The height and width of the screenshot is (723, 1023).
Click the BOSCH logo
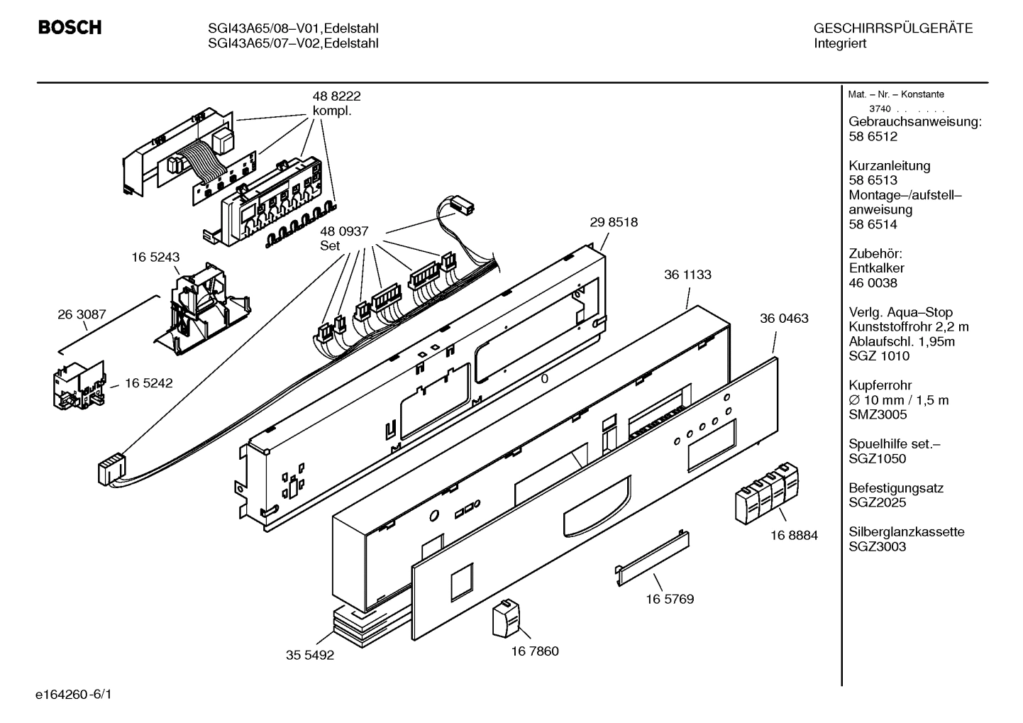coord(70,28)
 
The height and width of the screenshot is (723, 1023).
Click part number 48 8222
coord(336,96)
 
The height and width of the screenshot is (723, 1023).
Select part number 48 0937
coord(344,231)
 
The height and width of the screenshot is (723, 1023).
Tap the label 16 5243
coord(155,258)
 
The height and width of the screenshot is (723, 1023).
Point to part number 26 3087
coord(82,314)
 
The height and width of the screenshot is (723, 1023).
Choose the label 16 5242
coord(148,383)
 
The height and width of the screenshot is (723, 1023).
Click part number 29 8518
coord(613,222)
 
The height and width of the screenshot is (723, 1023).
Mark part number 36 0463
coord(784,319)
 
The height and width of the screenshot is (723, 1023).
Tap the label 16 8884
coord(794,536)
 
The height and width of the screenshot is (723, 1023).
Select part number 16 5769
coord(670,599)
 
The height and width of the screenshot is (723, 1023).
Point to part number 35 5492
coord(309,656)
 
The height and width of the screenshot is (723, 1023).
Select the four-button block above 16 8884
coord(767,490)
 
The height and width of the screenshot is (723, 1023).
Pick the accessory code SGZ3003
coord(877,547)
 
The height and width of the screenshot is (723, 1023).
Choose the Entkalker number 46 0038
coord(873,283)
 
